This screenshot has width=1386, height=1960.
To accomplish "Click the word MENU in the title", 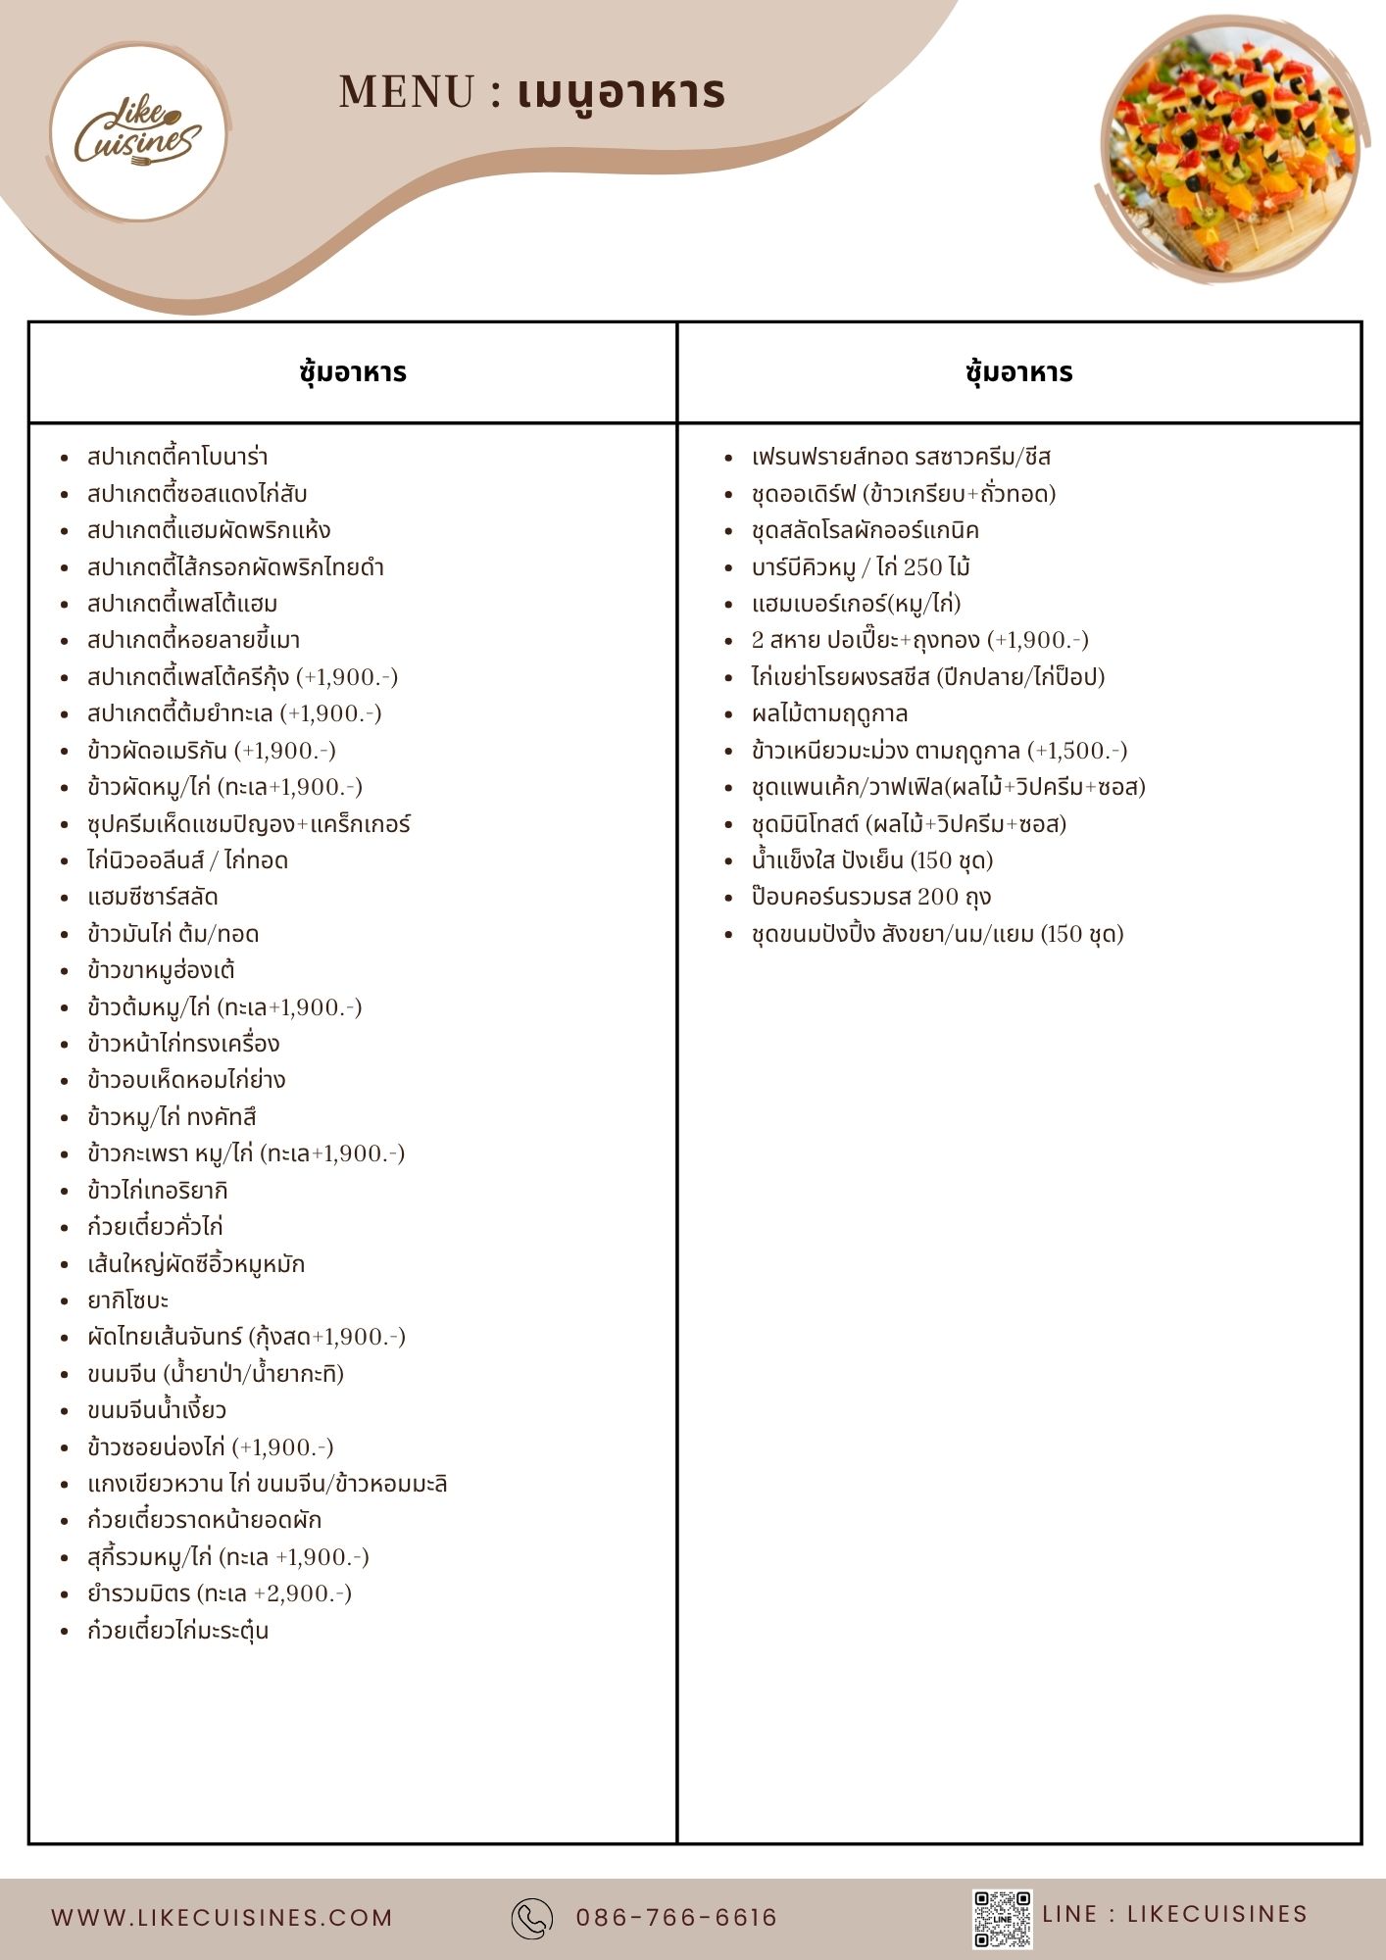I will [407, 93].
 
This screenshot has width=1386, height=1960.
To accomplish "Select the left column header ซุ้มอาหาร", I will [353, 372].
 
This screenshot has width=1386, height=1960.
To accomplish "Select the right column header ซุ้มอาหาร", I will [1018, 372].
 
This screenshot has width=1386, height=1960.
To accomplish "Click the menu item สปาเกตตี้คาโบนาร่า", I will [177, 457].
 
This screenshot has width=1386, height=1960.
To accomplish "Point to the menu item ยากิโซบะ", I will [128, 1300].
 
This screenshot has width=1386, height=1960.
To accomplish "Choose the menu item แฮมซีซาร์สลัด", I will [153, 897].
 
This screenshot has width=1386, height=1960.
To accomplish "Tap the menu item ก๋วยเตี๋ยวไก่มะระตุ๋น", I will [178, 1631].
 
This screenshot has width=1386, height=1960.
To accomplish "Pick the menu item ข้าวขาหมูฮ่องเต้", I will [162, 970].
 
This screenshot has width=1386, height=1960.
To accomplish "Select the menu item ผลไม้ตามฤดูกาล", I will [830, 713].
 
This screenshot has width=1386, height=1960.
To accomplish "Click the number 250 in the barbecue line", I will [922, 567].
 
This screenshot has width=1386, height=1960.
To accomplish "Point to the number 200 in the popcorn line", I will [938, 897].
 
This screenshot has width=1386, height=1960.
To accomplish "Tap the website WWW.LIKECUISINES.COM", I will [223, 1918].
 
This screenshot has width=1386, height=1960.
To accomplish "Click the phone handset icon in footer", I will [532, 1918].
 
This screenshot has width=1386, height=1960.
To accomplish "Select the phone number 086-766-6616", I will [676, 1918].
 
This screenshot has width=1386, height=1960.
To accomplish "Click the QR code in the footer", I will [1002, 1918].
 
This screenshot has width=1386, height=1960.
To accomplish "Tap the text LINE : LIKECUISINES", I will [1174, 1914].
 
